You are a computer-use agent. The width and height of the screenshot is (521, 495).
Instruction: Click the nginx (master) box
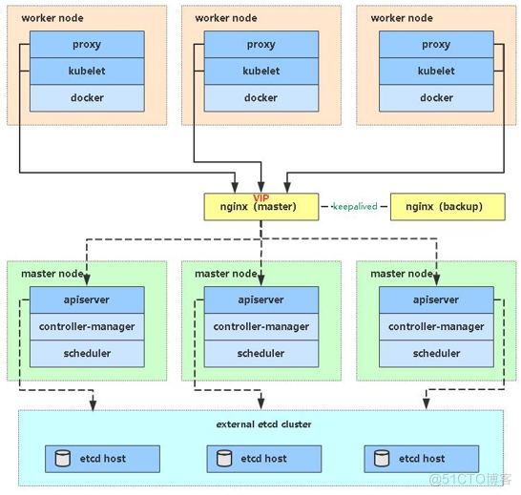[261, 207]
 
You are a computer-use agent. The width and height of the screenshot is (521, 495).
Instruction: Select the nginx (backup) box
[448, 207]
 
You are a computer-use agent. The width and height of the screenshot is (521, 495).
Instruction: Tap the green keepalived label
[355, 206]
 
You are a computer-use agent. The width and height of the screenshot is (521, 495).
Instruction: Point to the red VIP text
[261, 197]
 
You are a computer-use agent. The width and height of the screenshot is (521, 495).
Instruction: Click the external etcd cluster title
[263, 424]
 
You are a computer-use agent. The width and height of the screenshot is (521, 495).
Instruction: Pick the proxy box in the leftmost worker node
[87, 44]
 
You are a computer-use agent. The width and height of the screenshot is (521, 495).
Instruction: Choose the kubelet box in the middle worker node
[261, 71]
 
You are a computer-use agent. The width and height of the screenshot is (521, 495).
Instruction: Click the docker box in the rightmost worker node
[436, 97]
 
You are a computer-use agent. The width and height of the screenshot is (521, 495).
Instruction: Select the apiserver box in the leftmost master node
[87, 299]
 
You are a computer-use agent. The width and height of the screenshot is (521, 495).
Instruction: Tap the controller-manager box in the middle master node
[261, 326]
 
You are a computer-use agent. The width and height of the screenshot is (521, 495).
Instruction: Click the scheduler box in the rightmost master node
[436, 354]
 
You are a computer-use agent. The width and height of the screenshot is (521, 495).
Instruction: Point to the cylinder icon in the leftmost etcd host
[62, 459]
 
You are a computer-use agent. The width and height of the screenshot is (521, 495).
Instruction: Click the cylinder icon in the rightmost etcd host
[382, 459]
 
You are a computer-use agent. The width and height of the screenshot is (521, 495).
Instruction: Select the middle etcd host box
[264, 459]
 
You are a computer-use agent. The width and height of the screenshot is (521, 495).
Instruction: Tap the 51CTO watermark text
[470, 480]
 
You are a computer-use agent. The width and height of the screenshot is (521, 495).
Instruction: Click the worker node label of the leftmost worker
[52, 18]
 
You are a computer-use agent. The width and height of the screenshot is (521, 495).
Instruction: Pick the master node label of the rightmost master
[402, 274]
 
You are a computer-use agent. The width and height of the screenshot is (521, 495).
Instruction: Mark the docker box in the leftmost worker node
[87, 97]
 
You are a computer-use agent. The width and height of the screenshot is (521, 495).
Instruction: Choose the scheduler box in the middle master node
[261, 354]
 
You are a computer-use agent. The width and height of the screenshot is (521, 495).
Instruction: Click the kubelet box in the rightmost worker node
[436, 71]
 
